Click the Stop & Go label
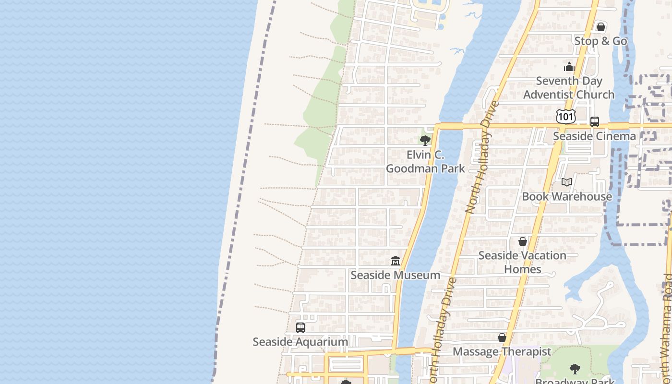[600, 41]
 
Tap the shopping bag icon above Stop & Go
[600, 27]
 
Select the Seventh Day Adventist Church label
[569, 88]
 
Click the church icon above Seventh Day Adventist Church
[569, 67]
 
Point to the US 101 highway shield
[566, 117]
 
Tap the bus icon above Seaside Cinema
[595, 122]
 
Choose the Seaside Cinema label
[594, 136]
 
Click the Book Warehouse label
[567, 196]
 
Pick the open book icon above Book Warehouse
[567, 182]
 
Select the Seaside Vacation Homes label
[522, 262]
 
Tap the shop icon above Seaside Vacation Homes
[523, 241]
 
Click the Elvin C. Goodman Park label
[425, 162]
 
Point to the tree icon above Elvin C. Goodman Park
[425, 141]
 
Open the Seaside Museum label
[396, 275]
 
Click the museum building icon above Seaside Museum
[396, 261]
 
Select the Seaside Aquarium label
[300, 342]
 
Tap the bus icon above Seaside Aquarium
[300, 328]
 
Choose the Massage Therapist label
[502, 351]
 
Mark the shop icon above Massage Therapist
[502, 338]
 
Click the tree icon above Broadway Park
[575, 369]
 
